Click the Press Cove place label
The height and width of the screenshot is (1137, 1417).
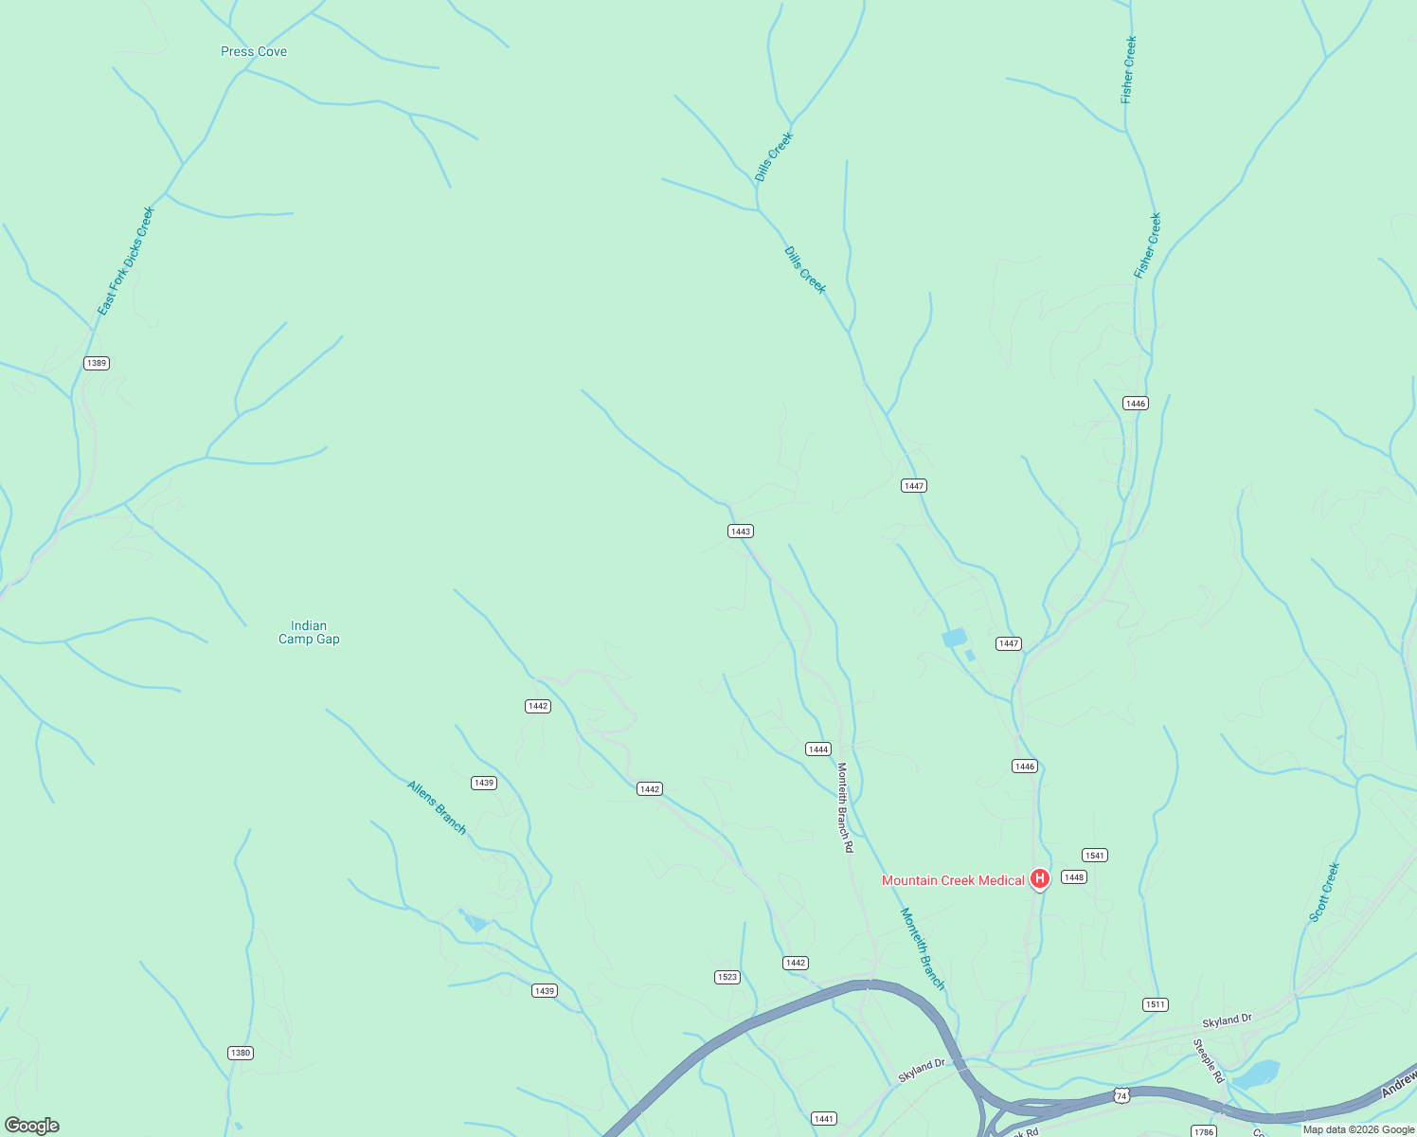[254, 51]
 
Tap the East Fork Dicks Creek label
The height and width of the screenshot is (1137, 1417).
[126, 261]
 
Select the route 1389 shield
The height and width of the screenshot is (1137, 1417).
[97, 363]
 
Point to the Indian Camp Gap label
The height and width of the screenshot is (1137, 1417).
[309, 632]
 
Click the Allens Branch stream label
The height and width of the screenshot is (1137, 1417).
[437, 807]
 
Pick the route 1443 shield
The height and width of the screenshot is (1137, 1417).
[741, 532]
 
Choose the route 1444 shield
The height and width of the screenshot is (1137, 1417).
[818, 749]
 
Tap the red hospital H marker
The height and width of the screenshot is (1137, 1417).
[1039, 879]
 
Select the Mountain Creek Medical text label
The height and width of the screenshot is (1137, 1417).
[953, 880]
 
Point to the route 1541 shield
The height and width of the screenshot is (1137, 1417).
[1095, 856]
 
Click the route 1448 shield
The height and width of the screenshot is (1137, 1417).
[1073, 877]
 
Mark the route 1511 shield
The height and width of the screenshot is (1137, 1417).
[1155, 1004]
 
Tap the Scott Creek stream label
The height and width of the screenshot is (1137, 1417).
[1324, 892]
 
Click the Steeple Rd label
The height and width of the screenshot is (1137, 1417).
[1209, 1061]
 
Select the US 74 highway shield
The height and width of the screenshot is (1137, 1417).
[1121, 1095]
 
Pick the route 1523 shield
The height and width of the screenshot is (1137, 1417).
[726, 977]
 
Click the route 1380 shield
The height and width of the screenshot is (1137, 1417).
[241, 1053]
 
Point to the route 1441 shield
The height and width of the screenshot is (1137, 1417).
[824, 1119]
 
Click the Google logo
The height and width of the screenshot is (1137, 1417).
[31, 1126]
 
